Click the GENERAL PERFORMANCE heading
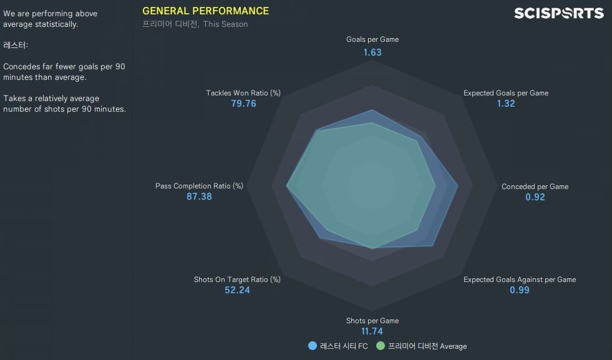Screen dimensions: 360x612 pos(205,11)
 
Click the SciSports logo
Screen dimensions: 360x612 pos(558,13)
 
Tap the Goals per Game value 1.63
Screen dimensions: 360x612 pos(372,52)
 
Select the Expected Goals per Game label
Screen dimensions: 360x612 pos(505,93)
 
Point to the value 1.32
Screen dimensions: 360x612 pos(505,104)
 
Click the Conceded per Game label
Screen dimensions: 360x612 pos(535,187)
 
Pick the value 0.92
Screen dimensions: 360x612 pos(535,197)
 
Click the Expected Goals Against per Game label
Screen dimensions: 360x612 pos(519,280)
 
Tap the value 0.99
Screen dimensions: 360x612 pos(519,290)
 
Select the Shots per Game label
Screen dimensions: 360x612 pos(372,321)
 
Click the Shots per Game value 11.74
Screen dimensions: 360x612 pos(372,331)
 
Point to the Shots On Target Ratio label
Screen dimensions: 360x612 pos(237,280)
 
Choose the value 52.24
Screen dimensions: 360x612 pos(237,290)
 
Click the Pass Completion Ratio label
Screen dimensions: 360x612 pos(199,186)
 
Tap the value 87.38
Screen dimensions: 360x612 pos(199,197)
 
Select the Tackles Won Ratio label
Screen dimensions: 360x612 pos(243,93)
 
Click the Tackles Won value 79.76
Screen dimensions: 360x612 pos(243,104)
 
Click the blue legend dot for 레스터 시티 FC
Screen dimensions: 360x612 pos(312,346)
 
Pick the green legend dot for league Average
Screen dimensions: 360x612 pos(380,346)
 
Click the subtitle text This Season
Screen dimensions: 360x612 pos(225,24)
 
